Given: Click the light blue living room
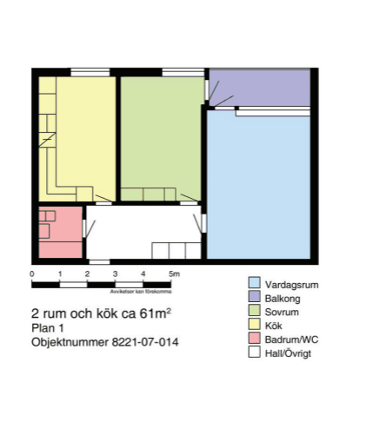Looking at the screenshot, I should click(x=259, y=187).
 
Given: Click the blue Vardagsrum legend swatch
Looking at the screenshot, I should click(x=254, y=283).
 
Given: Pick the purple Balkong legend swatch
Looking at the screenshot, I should click(x=254, y=298).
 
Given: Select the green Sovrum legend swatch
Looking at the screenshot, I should click(x=254, y=312).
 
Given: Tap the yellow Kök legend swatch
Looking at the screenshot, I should click(x=254, y=326).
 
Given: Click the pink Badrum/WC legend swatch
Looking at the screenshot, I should click(x=254, y=339).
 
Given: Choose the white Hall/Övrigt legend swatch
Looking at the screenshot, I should click(x=254, y=353).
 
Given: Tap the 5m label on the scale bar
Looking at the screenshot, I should click(x=174, y=274).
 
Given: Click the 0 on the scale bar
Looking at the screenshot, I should click(x=32, y=274).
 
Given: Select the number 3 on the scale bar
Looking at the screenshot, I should click(x=116, y=274).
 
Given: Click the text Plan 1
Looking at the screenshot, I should click(x=49, y=328).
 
